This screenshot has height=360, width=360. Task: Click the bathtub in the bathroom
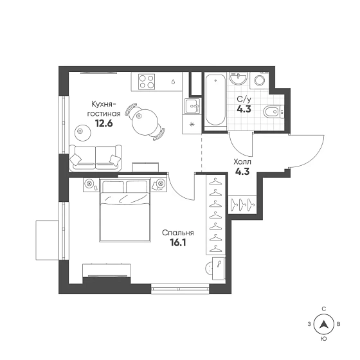tap(215, 100)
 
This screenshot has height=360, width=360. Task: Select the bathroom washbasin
tap(239, 78)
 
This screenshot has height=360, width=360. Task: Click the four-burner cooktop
tap(147, 82)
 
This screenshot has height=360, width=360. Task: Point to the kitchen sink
tap(192, 106)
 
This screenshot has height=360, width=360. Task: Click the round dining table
tap(145, 122)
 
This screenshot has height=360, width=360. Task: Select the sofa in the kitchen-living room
tap(95, 158)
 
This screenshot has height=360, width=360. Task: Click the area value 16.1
tap(178, 243)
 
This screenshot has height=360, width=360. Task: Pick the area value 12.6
tap(104, 123)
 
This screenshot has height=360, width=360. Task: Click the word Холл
tap(242, 162)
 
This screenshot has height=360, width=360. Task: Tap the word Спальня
tap(178, 233)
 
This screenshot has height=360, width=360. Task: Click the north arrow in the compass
tap(324, 324)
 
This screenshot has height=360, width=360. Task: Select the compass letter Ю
tap(324, 339)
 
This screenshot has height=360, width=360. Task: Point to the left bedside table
tap(91, 184)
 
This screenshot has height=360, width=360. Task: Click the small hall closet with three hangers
tap(242, 204)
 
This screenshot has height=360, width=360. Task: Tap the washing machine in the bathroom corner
tap(260, 80)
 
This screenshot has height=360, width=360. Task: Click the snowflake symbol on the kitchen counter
tap(192, 125)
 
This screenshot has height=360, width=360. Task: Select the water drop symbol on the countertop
tap(173, 82)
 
